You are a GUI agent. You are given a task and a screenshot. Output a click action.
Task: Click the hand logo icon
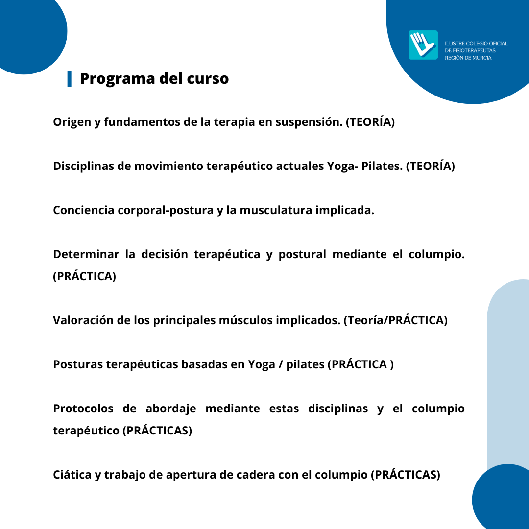pyautogui.click(x=423, y=45)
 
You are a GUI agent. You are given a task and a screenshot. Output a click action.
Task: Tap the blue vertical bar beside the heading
pyautogui.click(x=70, y=79)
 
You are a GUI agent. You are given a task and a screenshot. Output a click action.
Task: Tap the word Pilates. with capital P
pyautogui.click(x=382, y=166)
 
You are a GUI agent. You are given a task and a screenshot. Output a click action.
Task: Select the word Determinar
pyautogui.click(x=86, y=254)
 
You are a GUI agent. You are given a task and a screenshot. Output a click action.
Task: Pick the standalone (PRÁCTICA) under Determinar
pyautogui.click(x=85, y=276)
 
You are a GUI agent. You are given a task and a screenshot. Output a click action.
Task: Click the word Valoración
pyautogui.click(x=83, y=320)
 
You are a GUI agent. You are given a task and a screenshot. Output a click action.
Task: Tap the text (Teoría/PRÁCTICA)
pyautogui.click(x=395, y=320)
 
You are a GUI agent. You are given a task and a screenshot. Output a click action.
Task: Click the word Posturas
pyautogui.click(x=78, y=364)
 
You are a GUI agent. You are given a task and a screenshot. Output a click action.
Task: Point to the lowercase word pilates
pyautogui.click(x=305, y=365)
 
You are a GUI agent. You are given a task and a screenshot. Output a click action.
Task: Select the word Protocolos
pyautogui.click(x=83, y=409)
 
